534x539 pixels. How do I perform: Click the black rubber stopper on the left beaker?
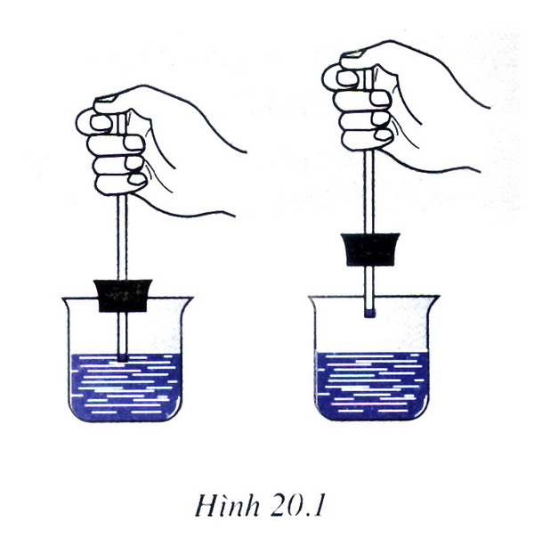[123, 296]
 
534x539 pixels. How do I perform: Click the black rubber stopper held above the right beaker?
[370, 249]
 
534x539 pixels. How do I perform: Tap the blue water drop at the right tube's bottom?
[369, 314]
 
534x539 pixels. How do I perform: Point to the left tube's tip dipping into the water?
[122, 357]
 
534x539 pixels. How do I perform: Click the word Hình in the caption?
[227, 506]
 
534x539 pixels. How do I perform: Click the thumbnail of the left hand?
[106, 98]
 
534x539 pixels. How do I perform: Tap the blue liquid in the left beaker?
[125, 387]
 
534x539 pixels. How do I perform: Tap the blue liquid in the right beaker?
[372, 386]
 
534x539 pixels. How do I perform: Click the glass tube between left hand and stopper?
[122, 237]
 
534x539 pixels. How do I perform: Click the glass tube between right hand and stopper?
[369, 192]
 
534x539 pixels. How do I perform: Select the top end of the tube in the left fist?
[122, 116]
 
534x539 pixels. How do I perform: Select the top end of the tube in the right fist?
[368, 70]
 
